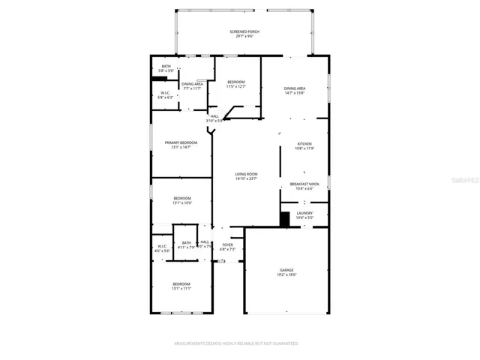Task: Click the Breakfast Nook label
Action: click(x=304, y=186)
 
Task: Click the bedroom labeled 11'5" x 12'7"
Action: click(x=235, y=84)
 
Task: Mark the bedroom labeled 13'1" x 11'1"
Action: click(x=182, y=286)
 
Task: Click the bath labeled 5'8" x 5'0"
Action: click(x=166, y=68)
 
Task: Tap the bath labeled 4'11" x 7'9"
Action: click(x=187, y=244)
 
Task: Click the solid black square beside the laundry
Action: click(x=285, y=218)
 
